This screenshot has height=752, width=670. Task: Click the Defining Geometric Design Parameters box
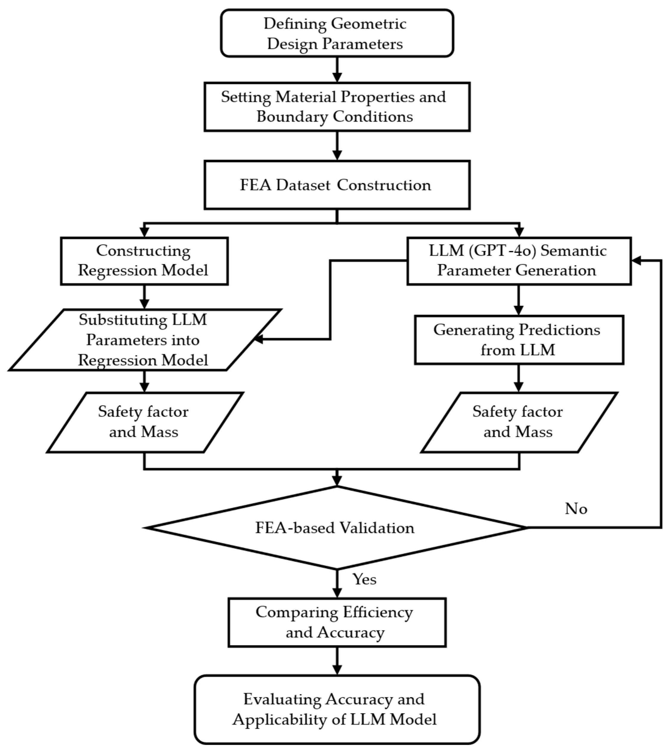point(336,33)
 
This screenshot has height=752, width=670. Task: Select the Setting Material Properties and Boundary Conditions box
point(336,107)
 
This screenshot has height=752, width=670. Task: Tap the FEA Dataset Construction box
point(336,185)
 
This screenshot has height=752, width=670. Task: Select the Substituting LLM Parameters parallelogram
point(144,339)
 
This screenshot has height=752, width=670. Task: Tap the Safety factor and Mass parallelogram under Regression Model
point(144,422)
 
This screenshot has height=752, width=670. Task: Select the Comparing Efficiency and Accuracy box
point(336,622)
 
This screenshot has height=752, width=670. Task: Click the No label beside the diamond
point(576,509)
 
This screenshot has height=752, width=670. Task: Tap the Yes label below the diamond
point(365,579)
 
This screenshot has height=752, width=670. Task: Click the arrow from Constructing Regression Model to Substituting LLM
point(144,297)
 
